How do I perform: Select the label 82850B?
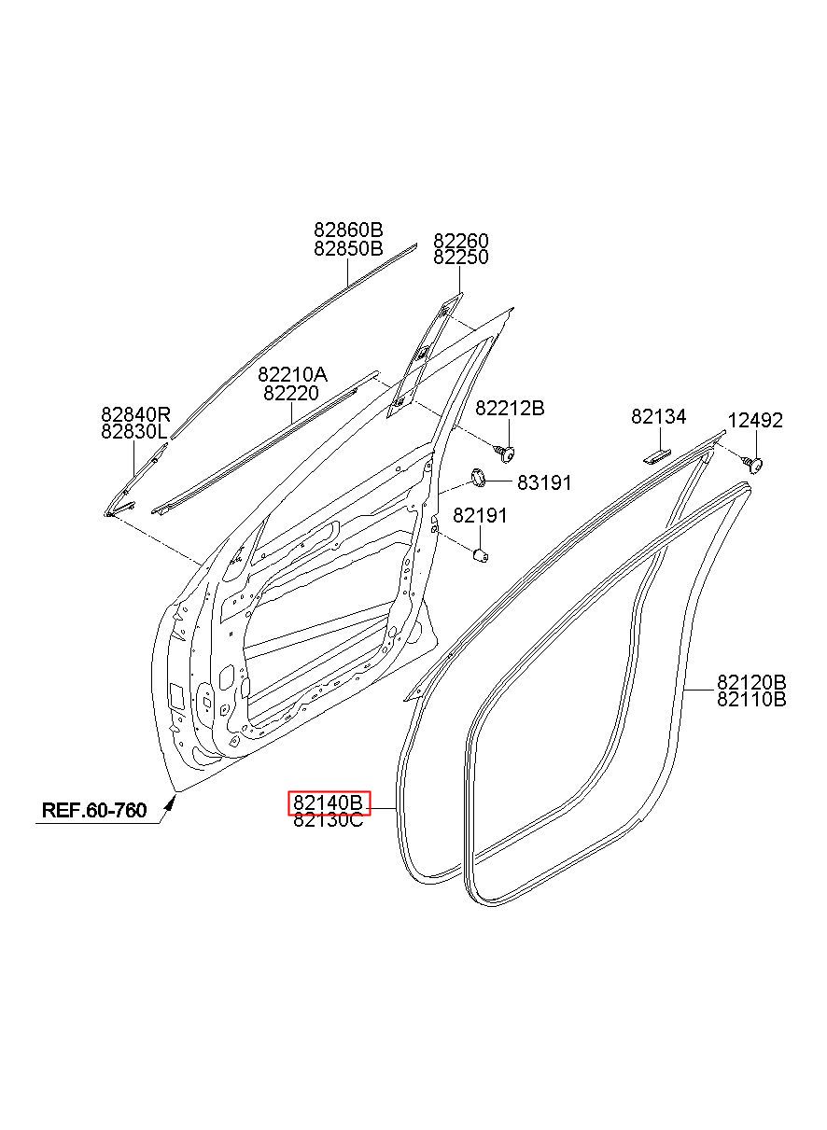348,248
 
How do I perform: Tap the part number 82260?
460,241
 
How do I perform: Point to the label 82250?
460,257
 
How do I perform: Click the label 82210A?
292,376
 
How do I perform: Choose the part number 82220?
290,394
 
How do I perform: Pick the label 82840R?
136,414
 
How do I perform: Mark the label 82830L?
135,431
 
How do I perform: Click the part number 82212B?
510,408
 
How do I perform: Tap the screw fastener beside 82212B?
505,453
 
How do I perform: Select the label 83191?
544,482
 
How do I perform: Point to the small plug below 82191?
481,556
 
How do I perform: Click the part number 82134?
658,417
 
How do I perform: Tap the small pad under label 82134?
656,454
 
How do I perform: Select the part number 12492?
755,421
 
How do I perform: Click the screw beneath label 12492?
755,462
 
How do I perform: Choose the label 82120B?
751,681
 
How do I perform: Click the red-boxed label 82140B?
329,802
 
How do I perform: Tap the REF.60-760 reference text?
94,810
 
